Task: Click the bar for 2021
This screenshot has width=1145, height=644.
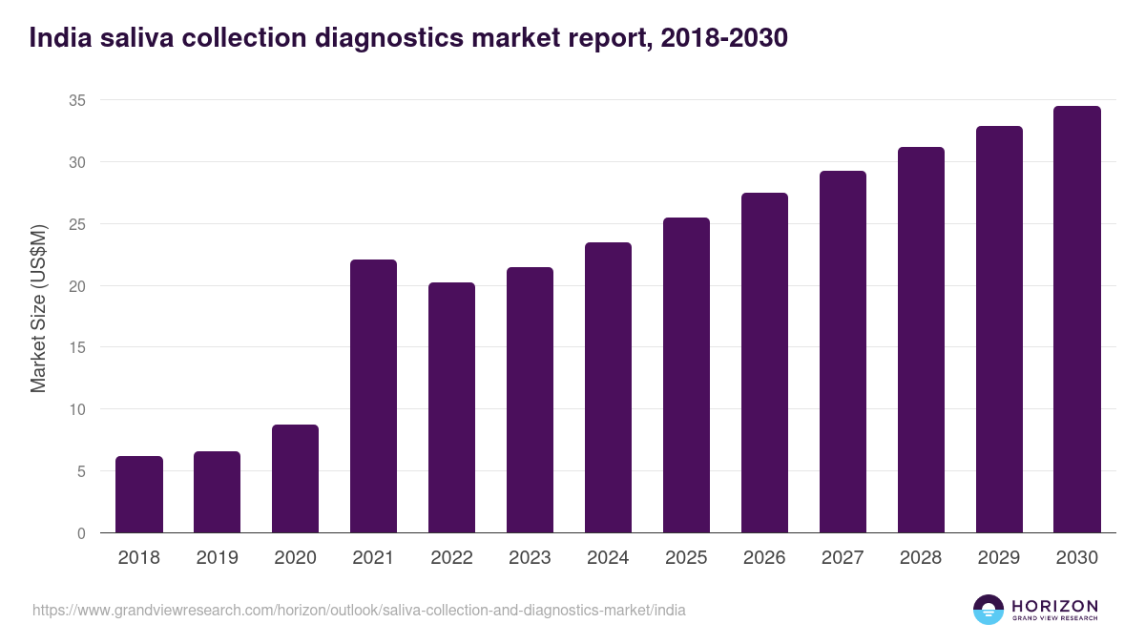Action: (x=373, y=396)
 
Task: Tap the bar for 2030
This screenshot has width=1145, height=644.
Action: (x=1076, y=320)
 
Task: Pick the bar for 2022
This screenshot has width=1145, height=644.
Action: (x=451, y=407)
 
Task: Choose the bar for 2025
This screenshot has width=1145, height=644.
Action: (x=686, y=375)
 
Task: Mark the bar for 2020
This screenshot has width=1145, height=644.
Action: (x=295, y=479)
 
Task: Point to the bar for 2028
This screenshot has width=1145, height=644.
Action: (x=921, y=340)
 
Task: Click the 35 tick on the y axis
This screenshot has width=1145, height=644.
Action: (x=75, y=100)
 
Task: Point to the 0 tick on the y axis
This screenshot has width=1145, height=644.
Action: (x=80, y=533)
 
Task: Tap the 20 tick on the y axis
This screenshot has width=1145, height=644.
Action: (x=75, y=286)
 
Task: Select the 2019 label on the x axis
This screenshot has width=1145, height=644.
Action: (x=217, y=558)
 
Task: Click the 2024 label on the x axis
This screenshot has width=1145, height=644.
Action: (x=608, y=558)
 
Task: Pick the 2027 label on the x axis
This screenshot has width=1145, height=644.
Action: (x=843, y=558)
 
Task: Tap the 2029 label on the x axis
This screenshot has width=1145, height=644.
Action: (x=999, y=558)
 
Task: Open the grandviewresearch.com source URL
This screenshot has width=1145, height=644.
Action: (x=359, y=610)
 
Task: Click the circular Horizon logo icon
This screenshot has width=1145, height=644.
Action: (x=988, y=610)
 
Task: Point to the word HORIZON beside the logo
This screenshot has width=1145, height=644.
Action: (x=1054, y=605)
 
